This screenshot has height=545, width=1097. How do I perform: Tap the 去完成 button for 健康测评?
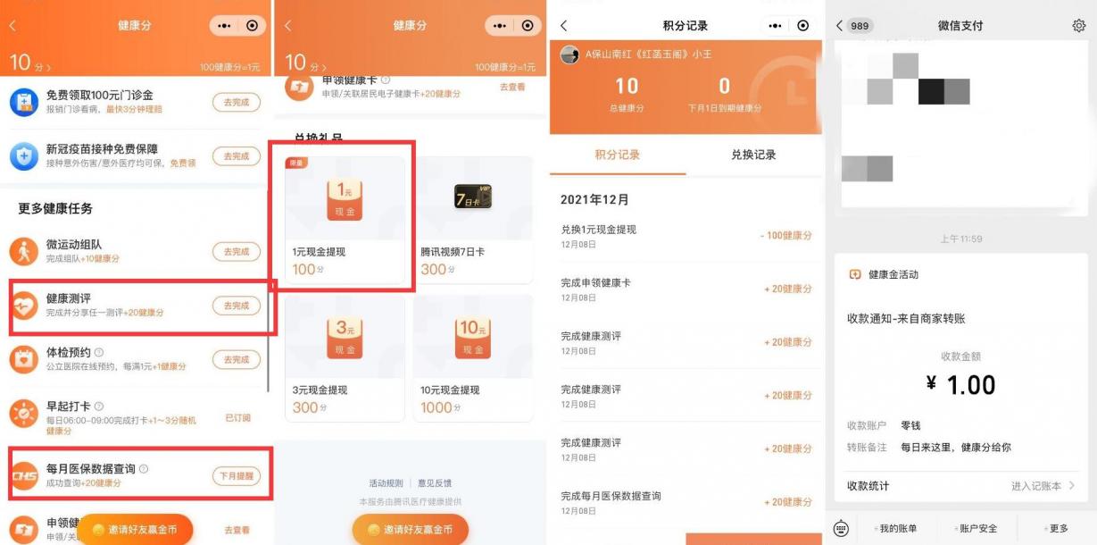236,306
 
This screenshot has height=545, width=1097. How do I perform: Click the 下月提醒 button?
236,476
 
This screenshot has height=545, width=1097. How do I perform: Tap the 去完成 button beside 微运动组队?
236,252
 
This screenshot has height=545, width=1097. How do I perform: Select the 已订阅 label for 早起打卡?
237,417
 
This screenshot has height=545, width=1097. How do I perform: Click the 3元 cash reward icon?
345,339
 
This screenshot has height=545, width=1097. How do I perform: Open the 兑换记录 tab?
753,155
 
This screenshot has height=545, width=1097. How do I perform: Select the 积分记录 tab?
618,155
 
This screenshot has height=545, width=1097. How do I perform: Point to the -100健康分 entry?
786,236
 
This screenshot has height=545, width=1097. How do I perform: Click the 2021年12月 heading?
594,199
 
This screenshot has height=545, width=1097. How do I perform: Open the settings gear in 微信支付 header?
1078,26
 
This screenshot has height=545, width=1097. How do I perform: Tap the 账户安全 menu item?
977,528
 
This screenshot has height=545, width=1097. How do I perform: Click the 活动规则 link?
386,483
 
